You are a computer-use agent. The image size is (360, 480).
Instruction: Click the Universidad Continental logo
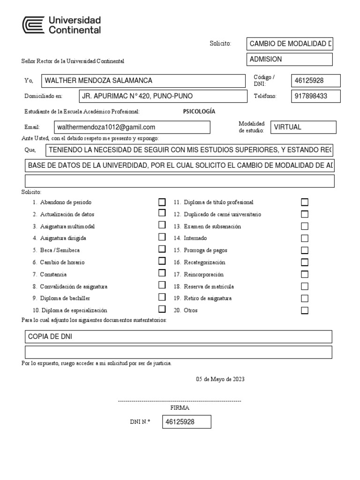62,25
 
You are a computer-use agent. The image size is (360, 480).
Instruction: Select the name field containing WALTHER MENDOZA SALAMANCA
143,81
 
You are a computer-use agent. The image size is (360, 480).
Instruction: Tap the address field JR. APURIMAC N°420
162,96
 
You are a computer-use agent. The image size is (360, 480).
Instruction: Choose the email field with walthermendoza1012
132,127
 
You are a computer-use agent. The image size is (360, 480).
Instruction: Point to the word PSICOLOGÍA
199,112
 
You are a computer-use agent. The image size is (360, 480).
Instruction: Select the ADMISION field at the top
289,59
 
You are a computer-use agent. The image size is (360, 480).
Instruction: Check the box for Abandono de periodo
162,202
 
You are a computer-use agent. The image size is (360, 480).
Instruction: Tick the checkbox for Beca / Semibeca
162,250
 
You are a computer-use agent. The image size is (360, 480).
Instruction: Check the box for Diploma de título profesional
305,202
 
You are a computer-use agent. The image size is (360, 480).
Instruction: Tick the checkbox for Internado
305,238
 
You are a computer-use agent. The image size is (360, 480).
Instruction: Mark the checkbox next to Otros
305,310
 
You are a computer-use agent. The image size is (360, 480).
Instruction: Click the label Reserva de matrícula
209,286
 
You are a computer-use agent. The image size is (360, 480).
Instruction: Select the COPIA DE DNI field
178,337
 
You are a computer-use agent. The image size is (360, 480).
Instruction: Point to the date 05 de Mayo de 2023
220,379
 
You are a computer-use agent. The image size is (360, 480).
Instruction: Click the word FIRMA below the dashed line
180,407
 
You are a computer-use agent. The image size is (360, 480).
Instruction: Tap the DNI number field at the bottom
187,422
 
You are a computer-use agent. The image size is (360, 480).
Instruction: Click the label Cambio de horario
62,262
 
